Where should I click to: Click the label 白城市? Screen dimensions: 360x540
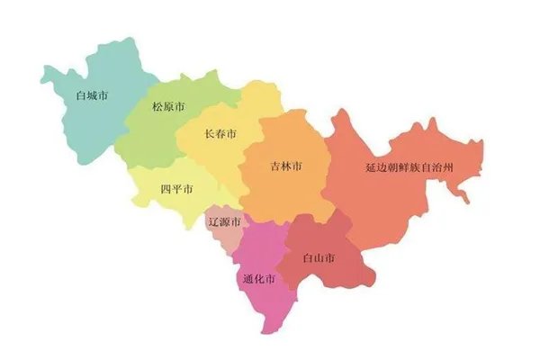coord(93,94)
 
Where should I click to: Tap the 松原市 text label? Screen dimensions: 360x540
coord(168,107)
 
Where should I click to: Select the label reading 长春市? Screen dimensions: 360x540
coord(220,134)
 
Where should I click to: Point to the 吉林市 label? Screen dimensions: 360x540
coord(286,166)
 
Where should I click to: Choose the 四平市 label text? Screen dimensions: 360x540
coord(176,189)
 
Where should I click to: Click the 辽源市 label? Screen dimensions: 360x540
coord(223,221)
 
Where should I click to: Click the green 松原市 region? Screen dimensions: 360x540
coord(153,135)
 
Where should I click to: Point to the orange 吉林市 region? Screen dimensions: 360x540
coord(288,193)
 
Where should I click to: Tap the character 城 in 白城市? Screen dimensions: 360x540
coord(93,94)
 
